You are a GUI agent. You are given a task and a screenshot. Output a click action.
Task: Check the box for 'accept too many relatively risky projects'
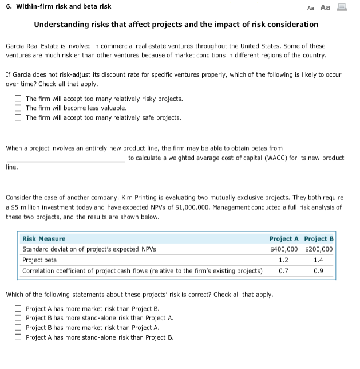tap(18, 99)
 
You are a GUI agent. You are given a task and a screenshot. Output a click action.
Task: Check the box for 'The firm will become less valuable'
tap(18, 108)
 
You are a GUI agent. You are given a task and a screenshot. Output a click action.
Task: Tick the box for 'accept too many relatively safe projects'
tap(18, 118)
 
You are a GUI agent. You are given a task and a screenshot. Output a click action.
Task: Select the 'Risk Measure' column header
tap(44, 238)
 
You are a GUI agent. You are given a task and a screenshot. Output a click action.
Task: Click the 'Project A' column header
tap(284, 238)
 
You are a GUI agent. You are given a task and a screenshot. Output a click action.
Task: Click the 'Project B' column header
tap(319, 238)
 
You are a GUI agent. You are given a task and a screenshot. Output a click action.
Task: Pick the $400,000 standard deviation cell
tap(284, 249)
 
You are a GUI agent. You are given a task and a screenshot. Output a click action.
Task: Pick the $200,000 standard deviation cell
tap(319, 249)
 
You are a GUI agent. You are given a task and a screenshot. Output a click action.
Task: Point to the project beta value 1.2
tap(284, 260)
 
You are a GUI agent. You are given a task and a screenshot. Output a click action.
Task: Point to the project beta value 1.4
tap(319, 260)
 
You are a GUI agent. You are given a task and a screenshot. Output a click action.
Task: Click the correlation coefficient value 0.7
tap(284, 271)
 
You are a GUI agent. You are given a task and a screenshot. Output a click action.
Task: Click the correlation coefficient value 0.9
tap(319, 271)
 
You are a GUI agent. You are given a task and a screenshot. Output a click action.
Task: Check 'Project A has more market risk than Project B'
tap(18, 309)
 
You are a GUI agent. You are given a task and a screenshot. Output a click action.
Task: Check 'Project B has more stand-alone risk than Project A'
tap(18, 319)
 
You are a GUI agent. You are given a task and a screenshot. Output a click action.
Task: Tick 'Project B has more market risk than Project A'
tap(18, 328)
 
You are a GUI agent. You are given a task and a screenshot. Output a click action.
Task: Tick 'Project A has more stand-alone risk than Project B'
tap(18, 338)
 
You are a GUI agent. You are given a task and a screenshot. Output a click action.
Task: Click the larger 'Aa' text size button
tap(326, 7)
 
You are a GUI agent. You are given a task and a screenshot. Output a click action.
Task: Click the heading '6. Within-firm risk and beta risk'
tap(58, 6)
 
